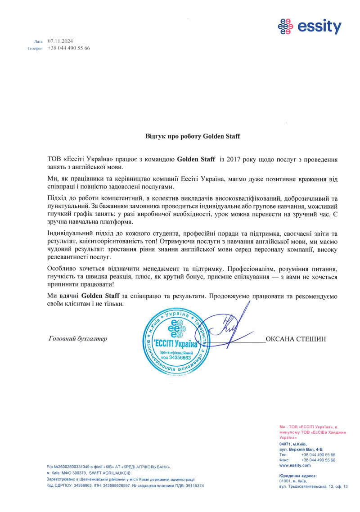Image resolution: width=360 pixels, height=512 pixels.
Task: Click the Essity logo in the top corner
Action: [x=310, y=27]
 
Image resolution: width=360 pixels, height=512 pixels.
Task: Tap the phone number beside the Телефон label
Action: [x=68, y=48]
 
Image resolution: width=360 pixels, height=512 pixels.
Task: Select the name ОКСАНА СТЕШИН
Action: [x=295, y=339]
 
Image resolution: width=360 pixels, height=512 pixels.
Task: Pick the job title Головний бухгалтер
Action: [x=77, y=339]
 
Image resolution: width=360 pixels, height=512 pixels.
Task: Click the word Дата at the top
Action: [x=38, y=41]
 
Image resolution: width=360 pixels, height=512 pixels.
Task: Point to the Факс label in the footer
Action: [x=283, y=460]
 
